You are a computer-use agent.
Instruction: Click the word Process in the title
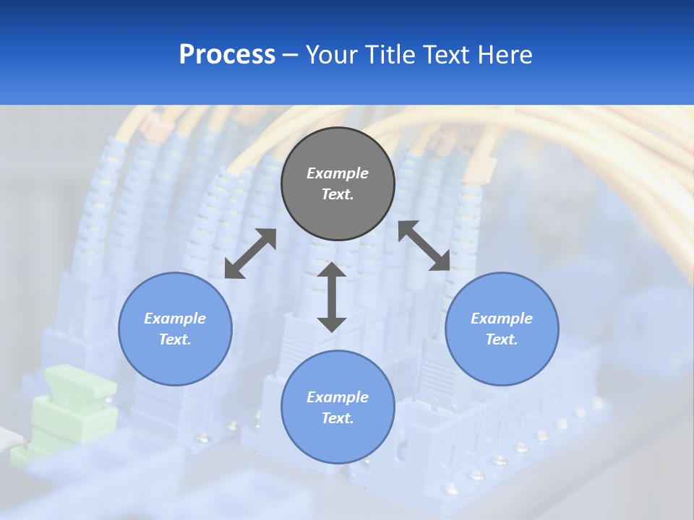tap(227, 55)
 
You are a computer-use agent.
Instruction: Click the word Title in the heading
tap(387, 55)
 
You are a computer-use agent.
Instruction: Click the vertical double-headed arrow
tap(332, 297)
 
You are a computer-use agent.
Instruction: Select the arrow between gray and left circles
tap(250, 253)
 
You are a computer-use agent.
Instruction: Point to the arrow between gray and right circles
tap(424, 246)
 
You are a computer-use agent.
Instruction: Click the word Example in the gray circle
tap(338, 173)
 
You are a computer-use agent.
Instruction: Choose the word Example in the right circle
tap(502, 318)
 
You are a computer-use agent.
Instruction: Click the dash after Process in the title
tap(290, 55)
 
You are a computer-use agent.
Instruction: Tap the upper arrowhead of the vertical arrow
tap(332, 271)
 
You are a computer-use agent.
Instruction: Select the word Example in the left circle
tap(175, 318)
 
